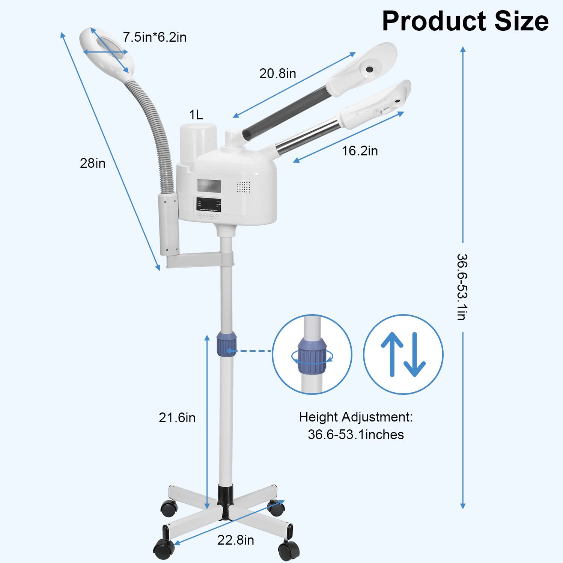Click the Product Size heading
click(465, 21)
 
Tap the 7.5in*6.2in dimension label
click(155, 37)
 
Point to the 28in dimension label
click(93, 163)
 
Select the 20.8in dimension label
click(278, 74)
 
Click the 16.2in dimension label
click(360, 151)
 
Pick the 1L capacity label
click(196, 115)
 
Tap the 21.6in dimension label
click(177, 418)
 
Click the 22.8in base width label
click(236, 540)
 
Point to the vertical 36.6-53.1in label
click(462, 287)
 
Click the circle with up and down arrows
click(403, 354)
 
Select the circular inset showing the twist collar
click(312, 354)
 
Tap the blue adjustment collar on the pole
click(226, 344)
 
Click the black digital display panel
click(209, 205)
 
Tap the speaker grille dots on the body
click(243, 187)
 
